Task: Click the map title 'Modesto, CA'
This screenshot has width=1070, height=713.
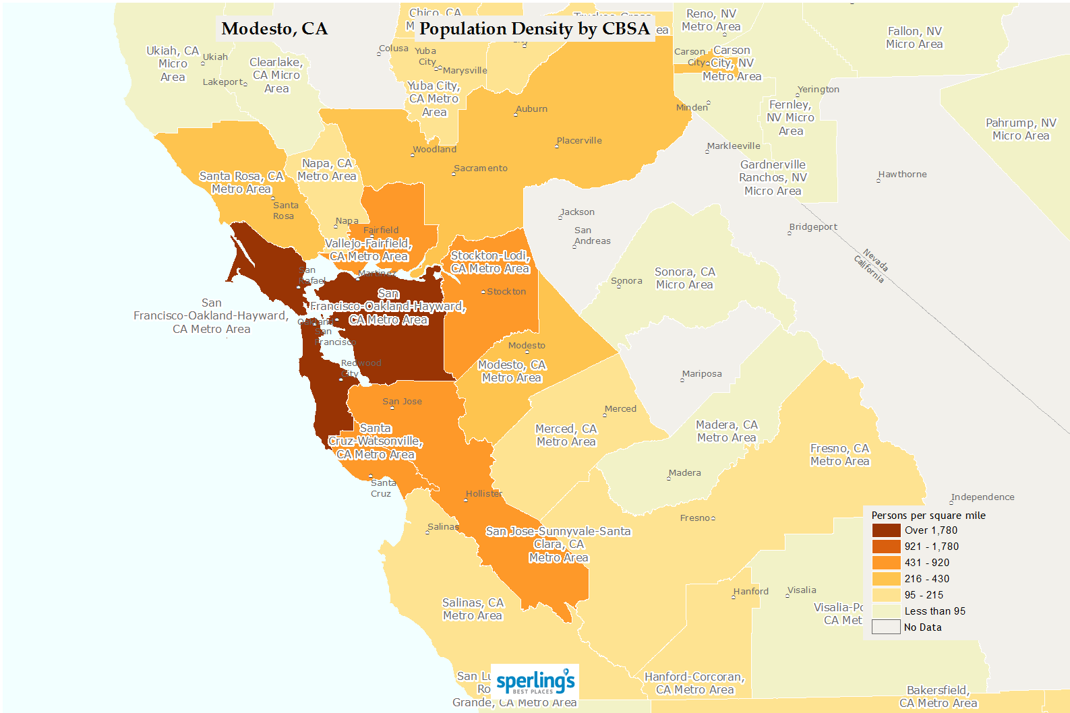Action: (x=274, y=29)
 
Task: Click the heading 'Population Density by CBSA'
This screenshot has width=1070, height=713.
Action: (x=534, y=29)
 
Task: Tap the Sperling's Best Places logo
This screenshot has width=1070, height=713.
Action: (x=535, y=682)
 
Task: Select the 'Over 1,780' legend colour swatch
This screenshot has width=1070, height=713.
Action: (x=886, y=530)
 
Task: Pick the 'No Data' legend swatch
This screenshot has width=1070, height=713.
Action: (x=886, y=627)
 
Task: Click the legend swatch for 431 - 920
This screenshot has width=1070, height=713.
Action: (x=886, y=563)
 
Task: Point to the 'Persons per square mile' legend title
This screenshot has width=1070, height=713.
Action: (x=928, y=516)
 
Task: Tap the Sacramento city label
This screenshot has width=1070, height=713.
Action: (x=481, y=168)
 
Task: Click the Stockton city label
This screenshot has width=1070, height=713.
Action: (x=506, y=292)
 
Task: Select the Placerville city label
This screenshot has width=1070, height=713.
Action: (x=579, y=141)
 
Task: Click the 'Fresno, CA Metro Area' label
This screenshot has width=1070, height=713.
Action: (x=839, y=455)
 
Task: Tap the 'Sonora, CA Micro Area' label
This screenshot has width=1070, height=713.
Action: (x=684, y=278)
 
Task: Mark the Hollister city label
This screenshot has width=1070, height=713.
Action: (x=483, y=494)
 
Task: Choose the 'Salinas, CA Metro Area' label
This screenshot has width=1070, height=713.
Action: (x=473, y=609)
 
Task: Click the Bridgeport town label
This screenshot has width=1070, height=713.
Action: (x=813, y=227)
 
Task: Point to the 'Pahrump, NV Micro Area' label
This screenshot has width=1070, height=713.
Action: (x=1021, y=129)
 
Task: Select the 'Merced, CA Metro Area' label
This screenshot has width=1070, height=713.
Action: (x=566, y=435)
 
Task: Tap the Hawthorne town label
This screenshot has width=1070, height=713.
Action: (x=902, y=175)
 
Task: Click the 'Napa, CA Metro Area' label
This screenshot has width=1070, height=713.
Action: (x=327, y=170)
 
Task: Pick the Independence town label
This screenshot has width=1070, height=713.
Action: (x=982, y=497)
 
